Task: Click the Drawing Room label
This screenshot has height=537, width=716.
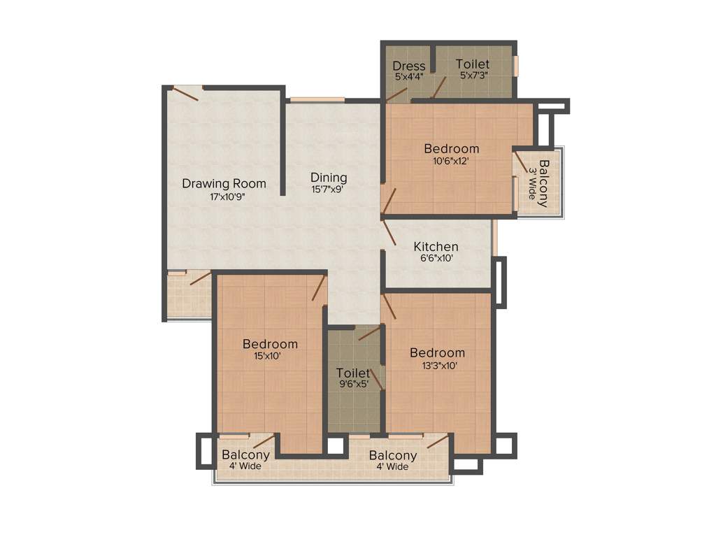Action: click(224, 184)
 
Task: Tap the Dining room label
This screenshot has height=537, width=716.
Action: click(329, 178)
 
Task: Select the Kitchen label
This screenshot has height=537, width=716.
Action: click(436, 246)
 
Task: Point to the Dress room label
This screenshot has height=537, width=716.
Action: click(408, 66)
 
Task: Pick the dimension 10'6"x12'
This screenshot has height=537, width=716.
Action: click(451, 161)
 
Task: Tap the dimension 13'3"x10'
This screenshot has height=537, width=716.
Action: click(437, 365)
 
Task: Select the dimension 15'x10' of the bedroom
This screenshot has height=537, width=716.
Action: click(270, 356)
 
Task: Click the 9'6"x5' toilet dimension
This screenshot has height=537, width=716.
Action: click(352, 383)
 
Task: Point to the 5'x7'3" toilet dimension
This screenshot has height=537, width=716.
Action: click(473, 76)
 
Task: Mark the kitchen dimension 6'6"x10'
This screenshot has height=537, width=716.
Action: click(436, 258)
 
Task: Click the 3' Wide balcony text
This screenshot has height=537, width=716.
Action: click(531, 183)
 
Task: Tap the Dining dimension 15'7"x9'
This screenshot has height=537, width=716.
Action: click(328, 189)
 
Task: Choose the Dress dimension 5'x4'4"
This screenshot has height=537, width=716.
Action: click(408, 77)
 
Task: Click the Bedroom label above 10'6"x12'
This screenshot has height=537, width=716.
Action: click(452, 148)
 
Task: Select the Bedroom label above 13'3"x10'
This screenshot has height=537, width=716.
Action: click(437, 352)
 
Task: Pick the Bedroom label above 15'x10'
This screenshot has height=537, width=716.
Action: click(270, 344)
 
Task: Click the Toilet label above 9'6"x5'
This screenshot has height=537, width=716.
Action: click(352, 372)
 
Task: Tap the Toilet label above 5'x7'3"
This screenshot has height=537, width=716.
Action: click(473, 64)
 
